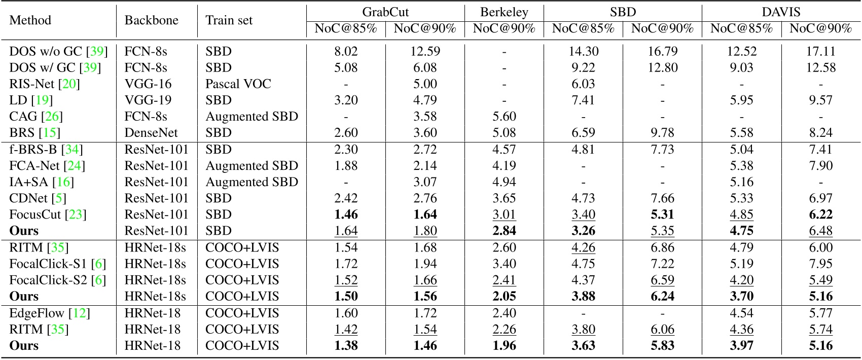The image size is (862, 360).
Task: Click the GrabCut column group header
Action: pyautogui.click(x=385, y=12)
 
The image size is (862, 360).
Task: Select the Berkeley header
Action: pyautogui.click(x=504, y=12)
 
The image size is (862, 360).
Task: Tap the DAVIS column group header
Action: pyautogui.click(x=781, y=12)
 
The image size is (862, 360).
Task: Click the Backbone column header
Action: pyautogui.click(x=152, y=20)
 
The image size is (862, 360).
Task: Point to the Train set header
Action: pyautogui.click(x=229, y=20)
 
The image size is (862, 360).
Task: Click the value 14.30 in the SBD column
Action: pyautogui.click(x=583, y=51)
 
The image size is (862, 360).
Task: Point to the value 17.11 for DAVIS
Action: pyautogui.click(x=820, y=51)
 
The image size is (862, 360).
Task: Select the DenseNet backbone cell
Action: pyautogui.click(x=151, y=133)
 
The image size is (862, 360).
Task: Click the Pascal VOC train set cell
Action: pyautogui.click(x=238, y=84)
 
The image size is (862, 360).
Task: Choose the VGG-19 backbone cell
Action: pyautogui.click(x=148, y=100)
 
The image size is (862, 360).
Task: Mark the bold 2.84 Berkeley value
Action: pyautogui.click(x=504, y=231)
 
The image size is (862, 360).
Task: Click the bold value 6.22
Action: pyautogui.click(x=820, y=214)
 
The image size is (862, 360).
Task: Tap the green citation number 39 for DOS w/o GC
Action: pyautogui.click(x=97, y=51)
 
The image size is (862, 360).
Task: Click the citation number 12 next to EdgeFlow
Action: pyautogui.click(x=80, y=313)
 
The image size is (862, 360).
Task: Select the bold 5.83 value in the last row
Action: pyautogui.click(x=662, y=346)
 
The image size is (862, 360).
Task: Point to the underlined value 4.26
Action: pyautogui.click(x=583, y=247)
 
